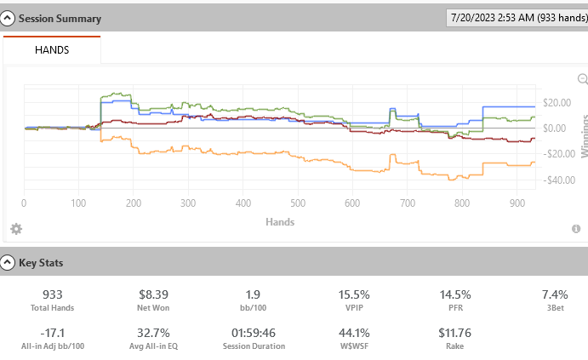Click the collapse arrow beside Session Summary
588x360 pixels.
tap(9, 18)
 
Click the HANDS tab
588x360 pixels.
tap(52, 50)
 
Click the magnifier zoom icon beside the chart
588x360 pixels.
tap(583, 79)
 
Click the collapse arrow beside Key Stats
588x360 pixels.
tap(9, 263)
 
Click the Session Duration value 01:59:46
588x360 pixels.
tap(252, 333)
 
